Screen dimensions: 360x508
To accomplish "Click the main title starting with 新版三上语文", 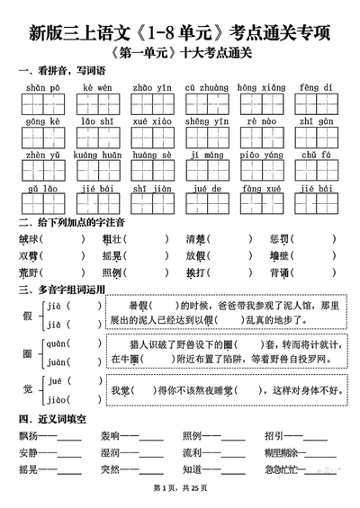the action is coord(180,34).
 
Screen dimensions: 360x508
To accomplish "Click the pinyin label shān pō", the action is coord(41,87).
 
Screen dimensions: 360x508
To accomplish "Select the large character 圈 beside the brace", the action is coord(27,352).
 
